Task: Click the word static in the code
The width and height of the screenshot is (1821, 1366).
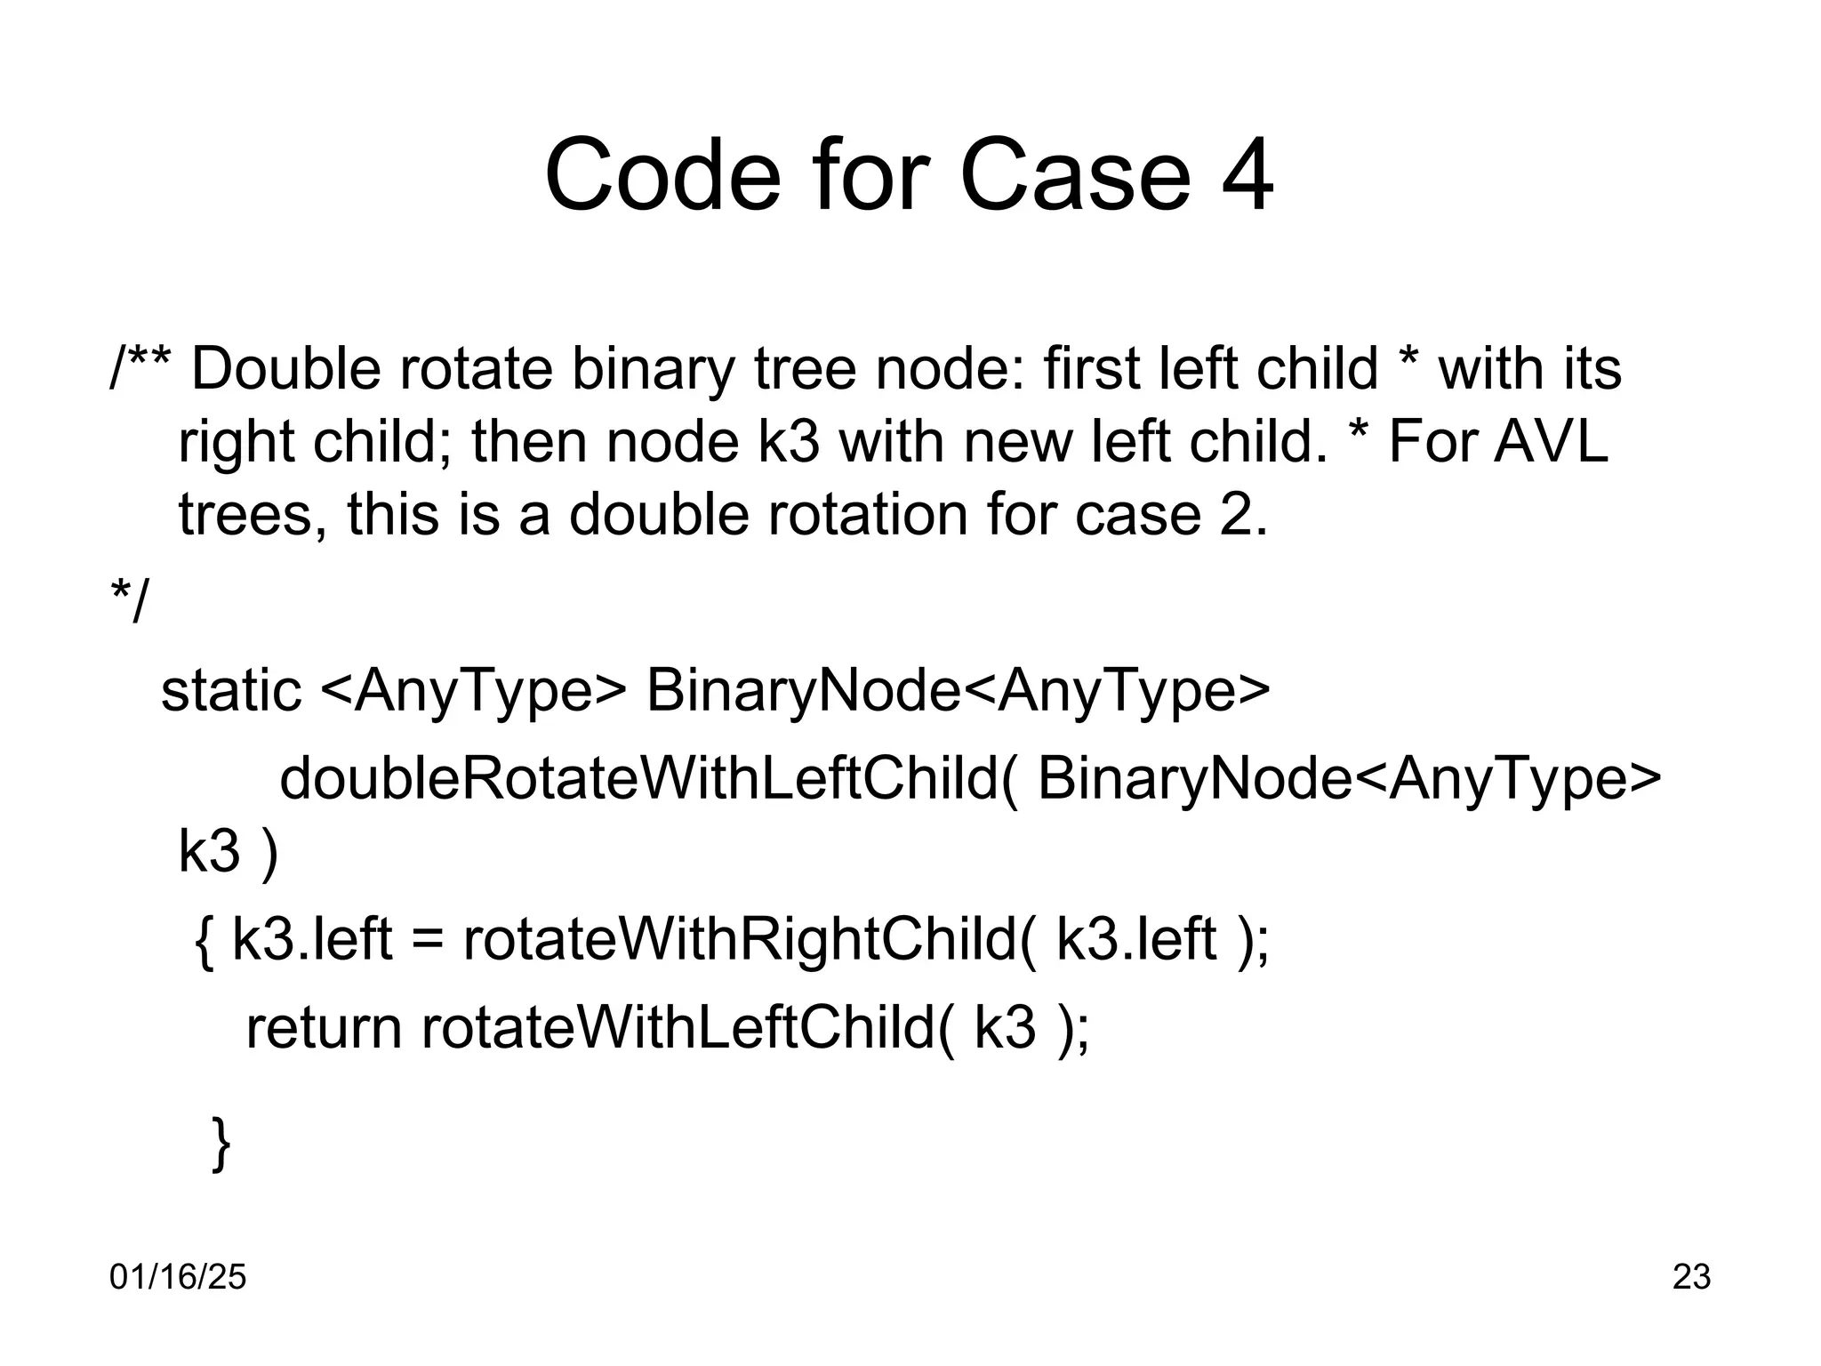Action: point(231,690)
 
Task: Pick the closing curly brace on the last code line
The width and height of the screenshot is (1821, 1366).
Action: point(221,1144)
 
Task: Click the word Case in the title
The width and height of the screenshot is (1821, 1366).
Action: point(1074,175)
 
